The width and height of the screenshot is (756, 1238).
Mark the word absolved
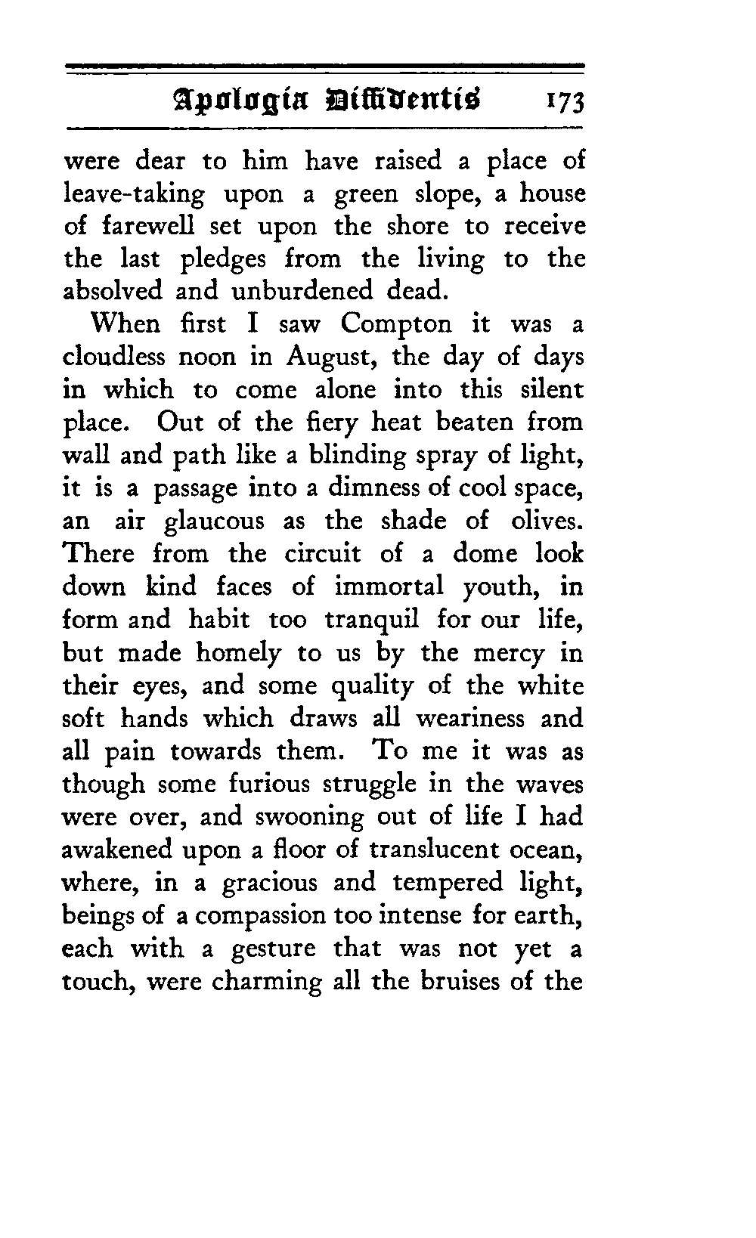(113, 292)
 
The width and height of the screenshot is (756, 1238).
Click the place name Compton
(395, 326)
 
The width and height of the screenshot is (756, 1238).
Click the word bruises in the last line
(463, 981)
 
